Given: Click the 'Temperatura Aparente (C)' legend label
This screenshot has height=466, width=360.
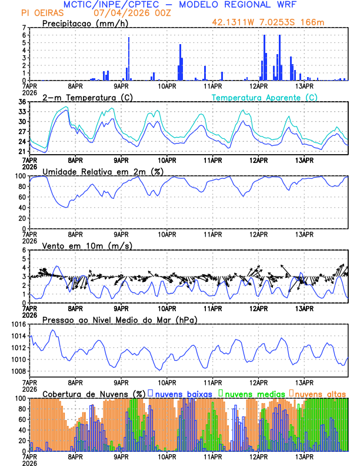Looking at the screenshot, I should pyautogui.click(x=264, y=97).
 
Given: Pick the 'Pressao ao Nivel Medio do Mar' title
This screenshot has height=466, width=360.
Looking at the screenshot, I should pyautogui.click(x=119, y=319).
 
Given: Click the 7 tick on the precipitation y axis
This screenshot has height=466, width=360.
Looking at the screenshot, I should pyautogui.click(x=25, y=28).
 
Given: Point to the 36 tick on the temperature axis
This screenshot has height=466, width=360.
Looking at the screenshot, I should pyautogui.click(x=23, y=102).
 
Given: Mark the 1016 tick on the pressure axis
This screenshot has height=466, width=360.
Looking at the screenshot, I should pyautogui.click(x=19, y=324).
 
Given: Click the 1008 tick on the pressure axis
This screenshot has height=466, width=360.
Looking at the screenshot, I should pyautogui.click(x=19, y=371).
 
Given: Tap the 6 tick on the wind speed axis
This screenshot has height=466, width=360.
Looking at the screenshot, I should pyautogui.click(x=25, y=250).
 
